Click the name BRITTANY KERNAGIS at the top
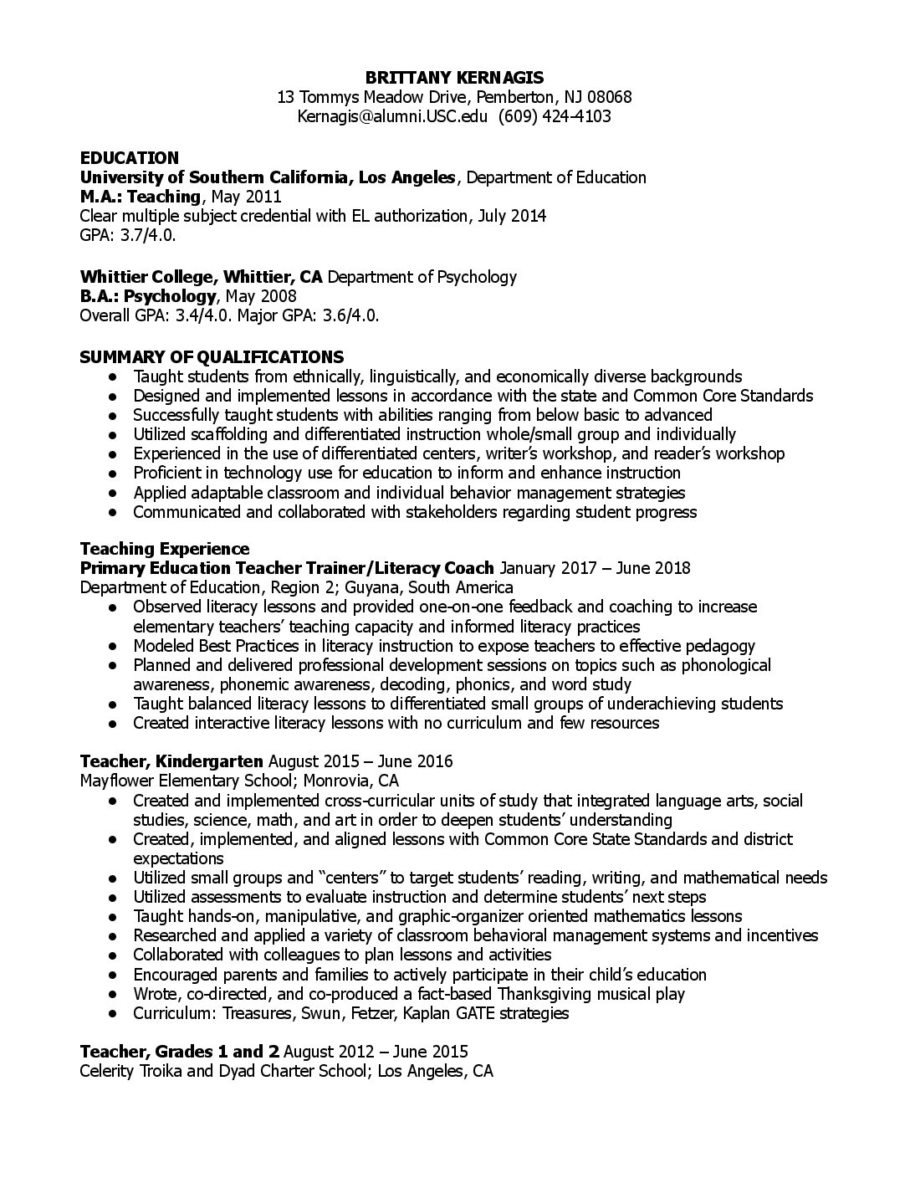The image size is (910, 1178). point(454,78)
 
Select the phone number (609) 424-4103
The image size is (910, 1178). point(555,116)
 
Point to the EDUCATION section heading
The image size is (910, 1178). point(129,158)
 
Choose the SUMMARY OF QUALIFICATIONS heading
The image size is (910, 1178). point(211,357)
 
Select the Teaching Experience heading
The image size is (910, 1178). point(164,549)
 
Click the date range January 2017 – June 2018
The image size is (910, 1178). point(595,568)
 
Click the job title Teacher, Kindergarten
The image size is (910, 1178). point(171,761)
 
